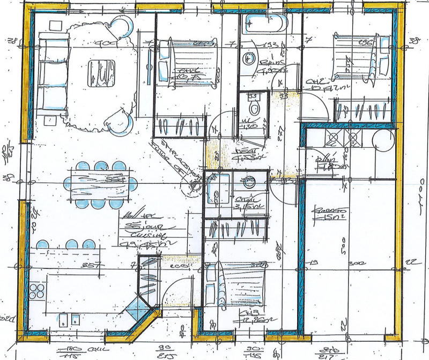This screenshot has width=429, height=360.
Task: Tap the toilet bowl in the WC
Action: point(255,107)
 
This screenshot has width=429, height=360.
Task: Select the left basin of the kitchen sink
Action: point(61,320)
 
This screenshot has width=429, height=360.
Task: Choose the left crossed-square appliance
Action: point(333,138)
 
